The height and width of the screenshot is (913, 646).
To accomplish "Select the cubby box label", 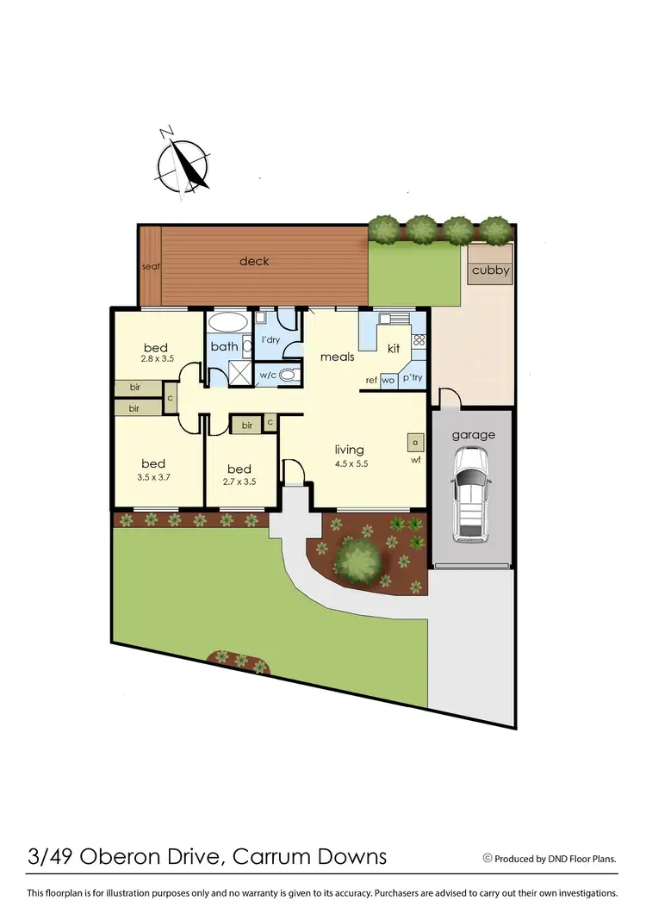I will pos(490,270).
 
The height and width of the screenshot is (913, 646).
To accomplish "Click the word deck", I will pos(254,261).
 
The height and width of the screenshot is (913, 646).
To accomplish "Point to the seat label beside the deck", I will pos(151,267).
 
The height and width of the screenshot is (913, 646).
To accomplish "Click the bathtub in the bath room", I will pos(228,323).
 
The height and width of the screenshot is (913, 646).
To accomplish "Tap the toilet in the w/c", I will pos(289,375).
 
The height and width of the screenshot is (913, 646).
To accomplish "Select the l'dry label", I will pos(270,340).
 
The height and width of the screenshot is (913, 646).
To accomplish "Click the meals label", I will pos(338,356).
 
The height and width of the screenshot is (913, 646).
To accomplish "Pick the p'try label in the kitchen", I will pos(411,379).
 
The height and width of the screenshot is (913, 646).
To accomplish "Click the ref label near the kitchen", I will pos(371,380).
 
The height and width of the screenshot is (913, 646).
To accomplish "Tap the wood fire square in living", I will pos(415,443).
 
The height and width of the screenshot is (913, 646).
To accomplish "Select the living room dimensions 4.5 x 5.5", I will pos(350,463).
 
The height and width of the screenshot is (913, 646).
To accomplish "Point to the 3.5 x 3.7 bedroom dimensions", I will pos(153,476).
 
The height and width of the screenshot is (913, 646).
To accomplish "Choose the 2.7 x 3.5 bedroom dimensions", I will pos(239,481).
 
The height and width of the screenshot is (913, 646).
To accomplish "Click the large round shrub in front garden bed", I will pos(358,560).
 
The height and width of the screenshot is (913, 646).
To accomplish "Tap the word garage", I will pos(474,435).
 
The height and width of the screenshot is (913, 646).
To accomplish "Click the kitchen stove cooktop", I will pos(419,340).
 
